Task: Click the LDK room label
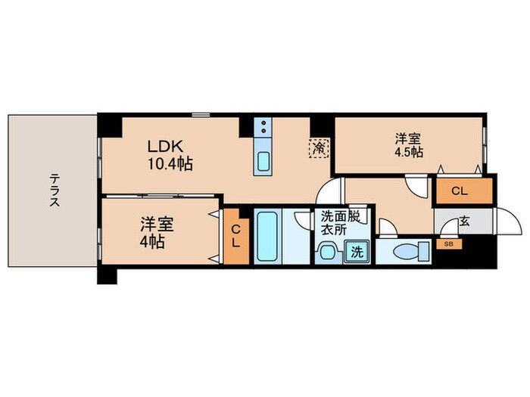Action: (165, 147)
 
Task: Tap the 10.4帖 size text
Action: (170, 164)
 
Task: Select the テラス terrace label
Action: (55, 190)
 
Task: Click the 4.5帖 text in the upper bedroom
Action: (409, 152)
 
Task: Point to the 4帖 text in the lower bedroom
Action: (152, 242)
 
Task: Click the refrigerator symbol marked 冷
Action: (319, 148)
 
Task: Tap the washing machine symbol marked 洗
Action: (357, 252)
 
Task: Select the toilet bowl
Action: (411, 252)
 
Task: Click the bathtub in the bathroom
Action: (267, 236)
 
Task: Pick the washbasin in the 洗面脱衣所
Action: (326, 252)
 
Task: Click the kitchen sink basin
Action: (263, 161)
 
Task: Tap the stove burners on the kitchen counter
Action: (263, 127)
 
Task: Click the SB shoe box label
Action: (449, 244)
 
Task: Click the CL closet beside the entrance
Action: (464, 191)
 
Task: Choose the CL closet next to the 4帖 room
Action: (236, 237)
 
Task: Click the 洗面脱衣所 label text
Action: (341, 222)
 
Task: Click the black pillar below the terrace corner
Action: (108, 275)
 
